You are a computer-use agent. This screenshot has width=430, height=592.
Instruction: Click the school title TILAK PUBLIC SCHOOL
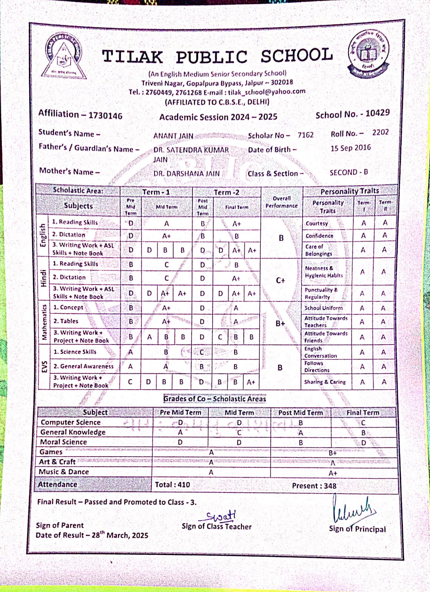[217, 57]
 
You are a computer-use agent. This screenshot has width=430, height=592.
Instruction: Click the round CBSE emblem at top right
[368, 54]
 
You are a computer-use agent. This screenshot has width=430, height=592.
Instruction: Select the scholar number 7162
[306, 135]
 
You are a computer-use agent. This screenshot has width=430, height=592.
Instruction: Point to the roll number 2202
[380, 132]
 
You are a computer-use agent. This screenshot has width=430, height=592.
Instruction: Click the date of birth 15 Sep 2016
[350, 148]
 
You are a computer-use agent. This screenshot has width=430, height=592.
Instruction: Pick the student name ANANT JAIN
[173, 136]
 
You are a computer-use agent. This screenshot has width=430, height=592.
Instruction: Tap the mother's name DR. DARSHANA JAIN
[186, 174]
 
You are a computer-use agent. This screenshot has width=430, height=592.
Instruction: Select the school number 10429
[377, 113]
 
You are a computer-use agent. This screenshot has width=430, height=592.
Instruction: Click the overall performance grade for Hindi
[280, 280]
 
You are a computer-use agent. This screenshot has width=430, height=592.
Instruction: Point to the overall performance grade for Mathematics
[280, 323]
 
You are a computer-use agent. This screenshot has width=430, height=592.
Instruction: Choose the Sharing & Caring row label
[325, 382]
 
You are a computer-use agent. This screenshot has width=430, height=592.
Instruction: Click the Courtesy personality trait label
[317, 223]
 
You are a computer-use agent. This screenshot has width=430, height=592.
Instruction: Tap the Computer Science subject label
[70, 422]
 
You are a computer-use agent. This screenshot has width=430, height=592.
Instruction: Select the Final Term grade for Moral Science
[363, 443]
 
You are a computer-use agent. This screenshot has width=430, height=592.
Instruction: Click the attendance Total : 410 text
[172, 485]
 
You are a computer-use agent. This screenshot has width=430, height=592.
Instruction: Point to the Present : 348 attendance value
[314, 486]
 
